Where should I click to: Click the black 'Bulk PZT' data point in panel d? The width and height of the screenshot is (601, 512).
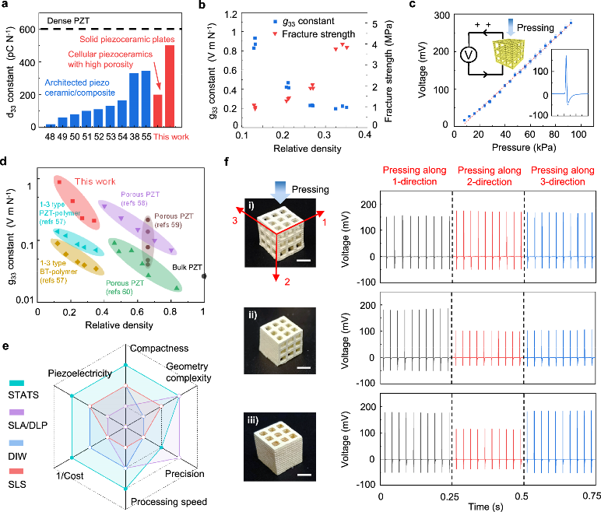[x=204, y=275]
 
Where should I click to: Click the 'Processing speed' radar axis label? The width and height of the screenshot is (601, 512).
[x=163, y=502]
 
